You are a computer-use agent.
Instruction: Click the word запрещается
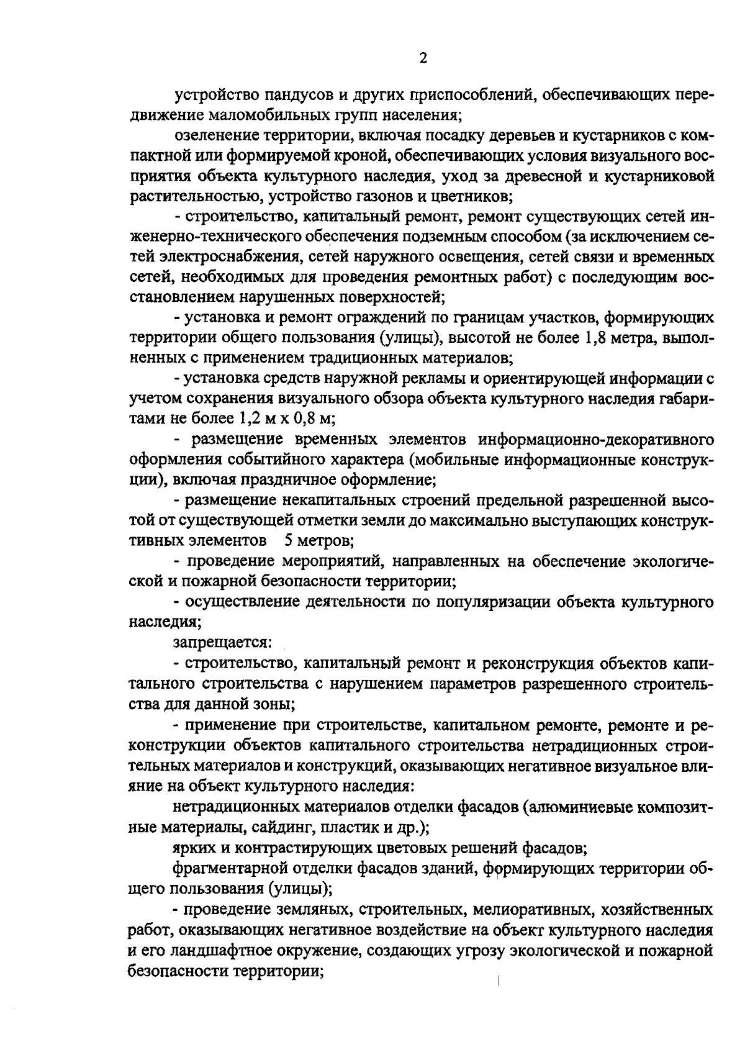(220, 641)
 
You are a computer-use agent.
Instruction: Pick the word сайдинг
(284, 828)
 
